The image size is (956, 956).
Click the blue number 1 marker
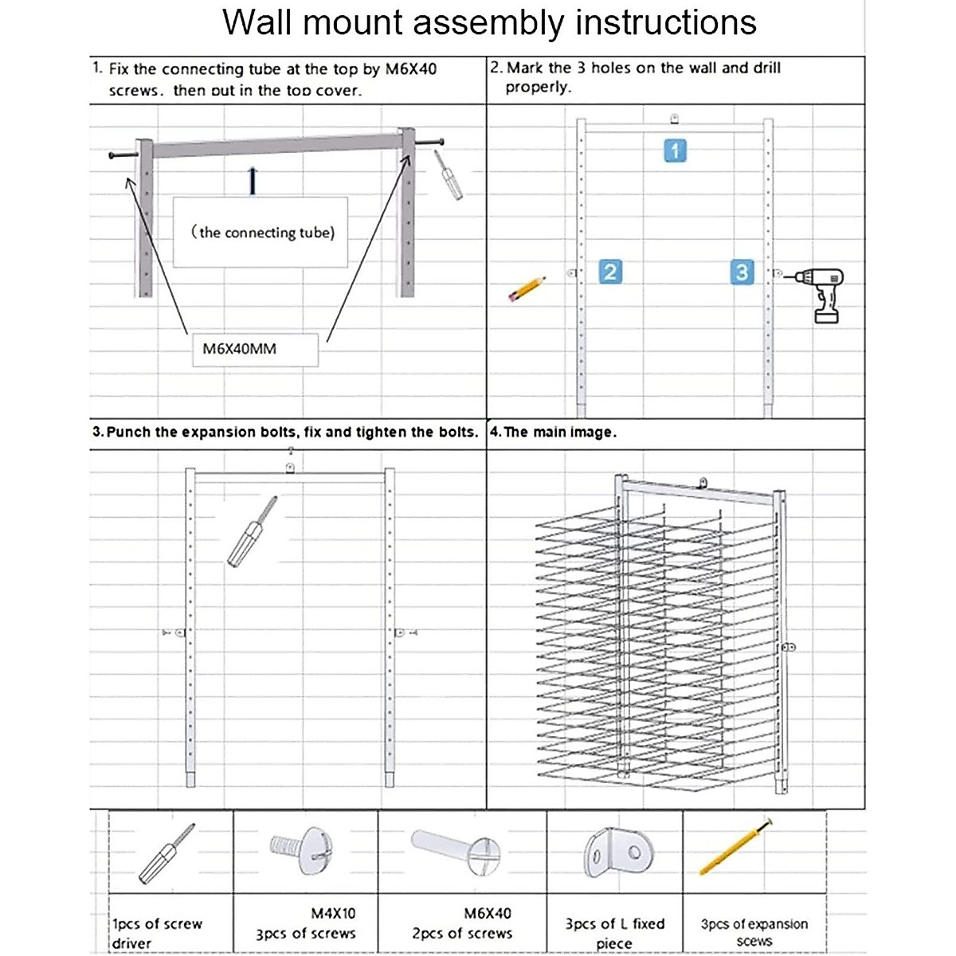(x=676, y=151)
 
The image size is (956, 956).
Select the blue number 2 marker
(x=609, y=272)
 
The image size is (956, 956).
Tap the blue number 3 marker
(x=742, y=272)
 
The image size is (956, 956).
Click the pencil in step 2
(x=527, y=288)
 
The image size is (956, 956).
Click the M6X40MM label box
(x=255, y=349)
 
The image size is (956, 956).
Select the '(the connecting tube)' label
(x=262, y=233)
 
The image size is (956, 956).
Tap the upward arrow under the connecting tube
(x=253, y=181)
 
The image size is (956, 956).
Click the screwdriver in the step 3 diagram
(x=253, y=531)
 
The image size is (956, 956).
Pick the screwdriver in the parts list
(x=166, y=854)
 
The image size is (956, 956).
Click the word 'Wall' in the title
(x=257, y=22)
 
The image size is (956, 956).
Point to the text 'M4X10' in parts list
(x=333, y=913)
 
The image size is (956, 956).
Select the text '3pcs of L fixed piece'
(x=614, y=933)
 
